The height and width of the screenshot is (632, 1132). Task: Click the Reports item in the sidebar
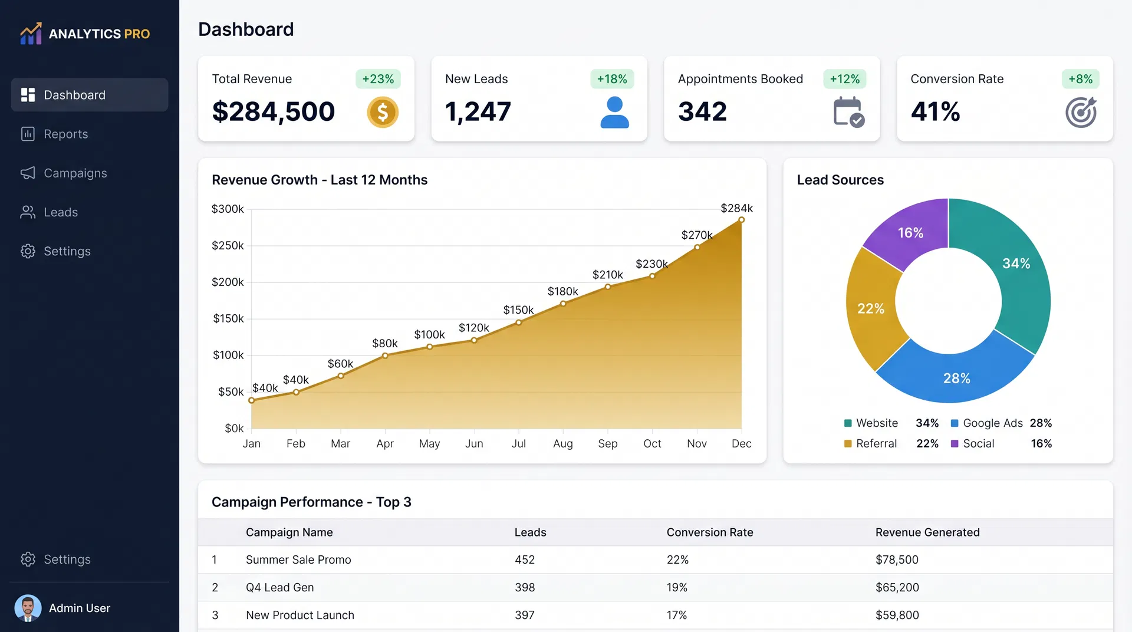coord(65,134)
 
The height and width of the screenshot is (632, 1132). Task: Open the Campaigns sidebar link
coord(75,173)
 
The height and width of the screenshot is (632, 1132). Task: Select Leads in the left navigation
coord(60,212)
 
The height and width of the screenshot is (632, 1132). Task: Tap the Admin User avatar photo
coord(28,608)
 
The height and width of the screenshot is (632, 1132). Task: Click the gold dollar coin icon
coord(383,112)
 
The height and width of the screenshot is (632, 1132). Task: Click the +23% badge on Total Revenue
coord(378,79)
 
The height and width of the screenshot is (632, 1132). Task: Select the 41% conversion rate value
coord(935,111)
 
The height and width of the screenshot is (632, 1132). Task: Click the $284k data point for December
coord(741,220)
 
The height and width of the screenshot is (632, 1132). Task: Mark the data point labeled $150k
coord(519,322)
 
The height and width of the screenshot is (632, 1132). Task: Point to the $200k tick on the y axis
coord(228,282)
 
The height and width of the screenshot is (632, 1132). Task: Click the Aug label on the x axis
coord(563,443)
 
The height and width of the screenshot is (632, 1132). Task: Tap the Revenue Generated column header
coord(927,532)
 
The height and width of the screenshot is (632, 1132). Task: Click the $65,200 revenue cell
coord(897,587)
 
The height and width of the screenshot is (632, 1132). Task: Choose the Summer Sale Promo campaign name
coord(298,559)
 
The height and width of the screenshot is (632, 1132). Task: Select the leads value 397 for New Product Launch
coord(524,615)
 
